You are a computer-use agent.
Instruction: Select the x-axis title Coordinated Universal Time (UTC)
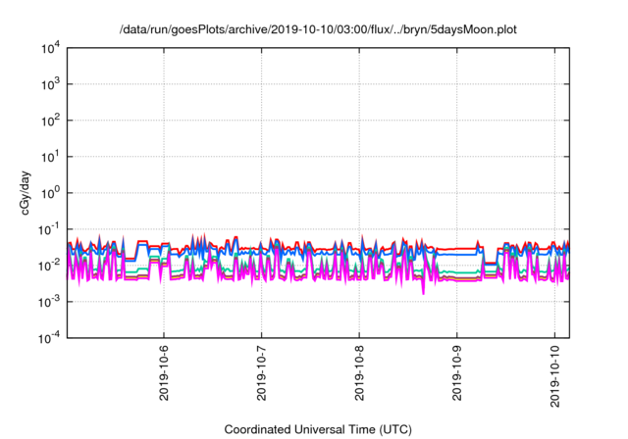click(317, 429)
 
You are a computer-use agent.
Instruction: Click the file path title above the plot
click(317, 30)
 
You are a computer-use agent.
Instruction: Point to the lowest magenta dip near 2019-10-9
click(424, 293)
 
